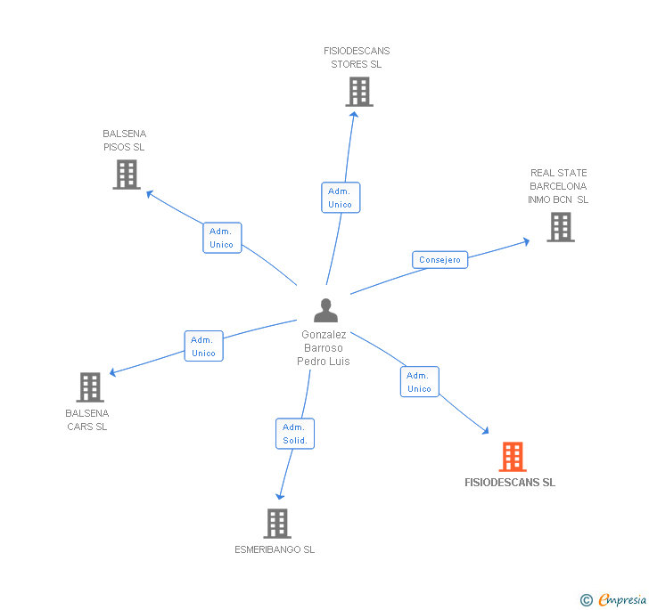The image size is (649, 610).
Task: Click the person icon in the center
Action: coord(326,311)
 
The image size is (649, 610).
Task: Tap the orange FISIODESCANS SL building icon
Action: coord(512,457)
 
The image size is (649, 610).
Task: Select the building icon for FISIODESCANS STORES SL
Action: coord(358,92)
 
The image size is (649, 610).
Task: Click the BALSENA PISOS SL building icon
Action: coord(127,175)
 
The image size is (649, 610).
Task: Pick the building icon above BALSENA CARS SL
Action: coord(90,387)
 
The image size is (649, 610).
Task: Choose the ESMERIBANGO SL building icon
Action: coord(277,524)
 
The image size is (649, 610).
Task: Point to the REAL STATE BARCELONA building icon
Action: coord(560,227)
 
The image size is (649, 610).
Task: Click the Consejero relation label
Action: coord(440,260)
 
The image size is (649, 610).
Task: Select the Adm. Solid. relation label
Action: coord(295,434)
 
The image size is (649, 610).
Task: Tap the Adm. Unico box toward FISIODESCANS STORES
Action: coord(340,198)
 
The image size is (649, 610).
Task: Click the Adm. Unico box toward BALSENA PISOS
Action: coord(221,238)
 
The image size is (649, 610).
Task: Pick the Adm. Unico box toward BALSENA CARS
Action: coord(203,346)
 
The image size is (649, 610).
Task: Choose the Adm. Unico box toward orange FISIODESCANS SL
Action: coord(419,382)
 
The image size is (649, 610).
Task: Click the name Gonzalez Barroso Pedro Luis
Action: coord(324,348)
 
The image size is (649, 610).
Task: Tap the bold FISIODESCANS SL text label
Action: coord(510,483)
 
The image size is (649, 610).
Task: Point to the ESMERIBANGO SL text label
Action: coord(275,549)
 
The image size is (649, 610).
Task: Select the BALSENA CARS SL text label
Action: coord(87,419)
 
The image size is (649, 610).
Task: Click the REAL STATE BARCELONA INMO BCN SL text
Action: coord(559,186)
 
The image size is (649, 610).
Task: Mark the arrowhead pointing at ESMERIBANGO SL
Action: coord(280,495)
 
